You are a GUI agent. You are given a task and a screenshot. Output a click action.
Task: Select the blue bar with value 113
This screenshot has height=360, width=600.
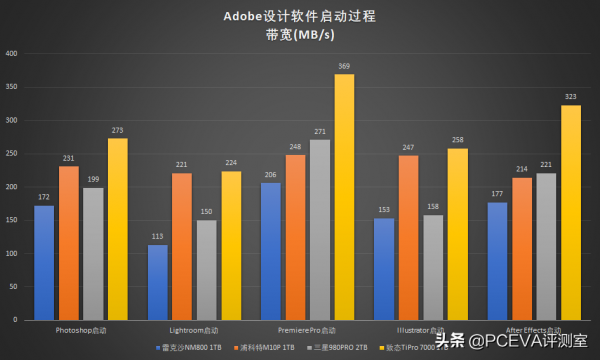(158, 282)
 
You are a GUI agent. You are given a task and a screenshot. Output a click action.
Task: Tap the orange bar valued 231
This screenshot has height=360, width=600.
(69, 243)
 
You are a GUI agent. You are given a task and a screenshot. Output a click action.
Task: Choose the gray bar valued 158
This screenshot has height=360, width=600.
(433, 267)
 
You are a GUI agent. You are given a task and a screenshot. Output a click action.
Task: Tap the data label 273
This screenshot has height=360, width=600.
(118, 130)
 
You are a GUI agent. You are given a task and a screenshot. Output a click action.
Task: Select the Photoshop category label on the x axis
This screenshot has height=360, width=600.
(81, 329)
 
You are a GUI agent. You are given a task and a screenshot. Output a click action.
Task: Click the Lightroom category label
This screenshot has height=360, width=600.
(194, 329)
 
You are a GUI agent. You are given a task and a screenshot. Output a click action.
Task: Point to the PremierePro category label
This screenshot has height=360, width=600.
(308, 329)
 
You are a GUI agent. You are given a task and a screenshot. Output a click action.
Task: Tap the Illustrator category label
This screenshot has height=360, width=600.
(420, 329)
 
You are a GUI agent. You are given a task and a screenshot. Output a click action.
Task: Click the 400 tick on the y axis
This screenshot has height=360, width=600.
(10, 54)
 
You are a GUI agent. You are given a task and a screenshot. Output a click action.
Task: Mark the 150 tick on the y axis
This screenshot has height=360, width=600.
(10, 220)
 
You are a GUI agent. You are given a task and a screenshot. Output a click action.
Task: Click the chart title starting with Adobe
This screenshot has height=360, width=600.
(300, 17)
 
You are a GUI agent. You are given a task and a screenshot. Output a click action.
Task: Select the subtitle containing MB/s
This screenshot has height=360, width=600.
(300, 35)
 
